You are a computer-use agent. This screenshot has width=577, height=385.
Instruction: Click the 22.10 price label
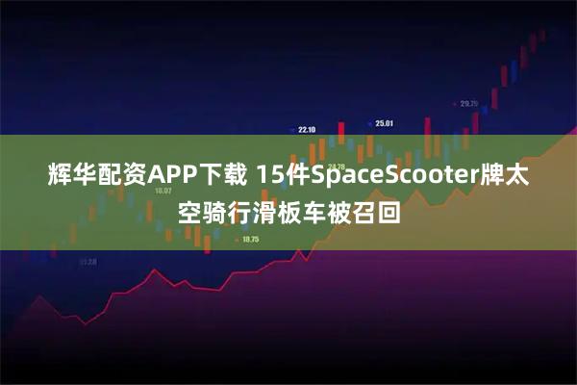307,129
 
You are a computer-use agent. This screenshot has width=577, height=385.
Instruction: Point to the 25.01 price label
384,123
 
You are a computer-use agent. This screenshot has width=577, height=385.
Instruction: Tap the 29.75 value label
468,103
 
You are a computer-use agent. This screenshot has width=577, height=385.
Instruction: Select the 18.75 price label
251,239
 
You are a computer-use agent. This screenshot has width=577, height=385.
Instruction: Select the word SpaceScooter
409,176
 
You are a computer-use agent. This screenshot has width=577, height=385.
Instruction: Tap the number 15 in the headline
272,176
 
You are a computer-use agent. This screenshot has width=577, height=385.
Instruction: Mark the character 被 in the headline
339,210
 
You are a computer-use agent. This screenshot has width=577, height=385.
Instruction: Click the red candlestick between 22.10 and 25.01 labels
340,131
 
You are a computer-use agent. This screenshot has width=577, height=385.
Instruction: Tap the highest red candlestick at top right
532,43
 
